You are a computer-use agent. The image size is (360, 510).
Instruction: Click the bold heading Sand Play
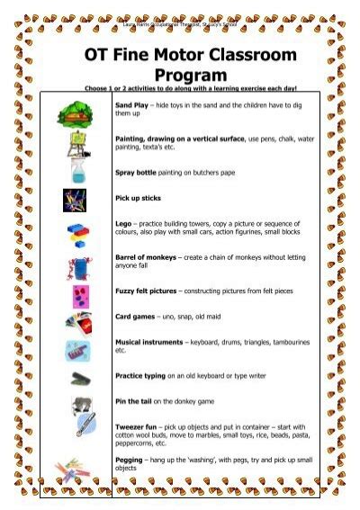tap(131, 106)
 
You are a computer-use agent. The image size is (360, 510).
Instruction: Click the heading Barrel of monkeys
tap(146, 255)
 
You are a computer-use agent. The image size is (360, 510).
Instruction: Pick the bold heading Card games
tap(134, 317)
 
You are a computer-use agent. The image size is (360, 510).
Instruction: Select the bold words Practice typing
tap(140, 374)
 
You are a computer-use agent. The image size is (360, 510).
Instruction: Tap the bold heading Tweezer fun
tap(137, 426)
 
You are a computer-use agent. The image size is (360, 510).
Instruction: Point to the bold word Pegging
tap(129, 461)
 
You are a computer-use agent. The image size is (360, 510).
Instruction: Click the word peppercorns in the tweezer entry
tap(136, 443)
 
